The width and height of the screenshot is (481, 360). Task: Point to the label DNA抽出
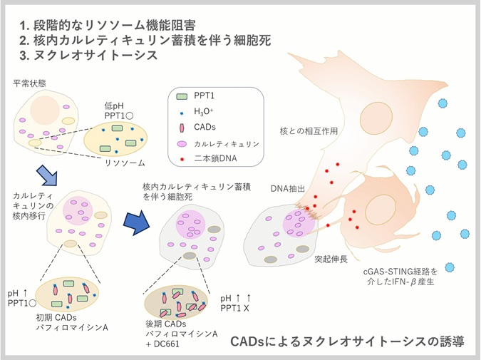(x=288, y=188)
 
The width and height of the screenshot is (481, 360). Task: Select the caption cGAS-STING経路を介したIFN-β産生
(x=404, y=277)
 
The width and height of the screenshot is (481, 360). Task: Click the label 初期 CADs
(x=56, y=317)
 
